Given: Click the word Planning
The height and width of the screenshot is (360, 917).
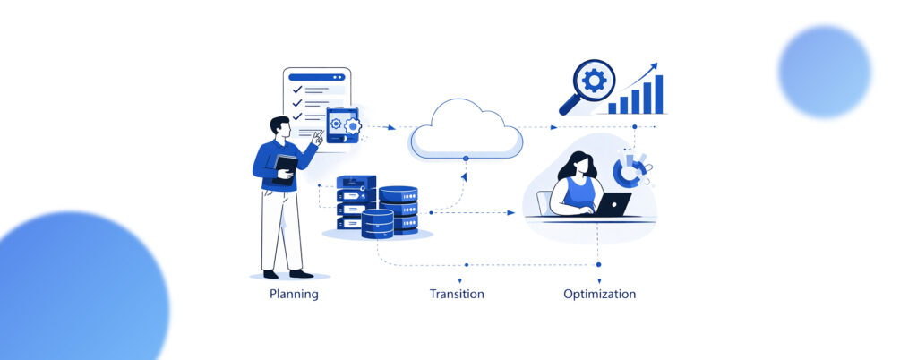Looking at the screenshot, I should point(294,294).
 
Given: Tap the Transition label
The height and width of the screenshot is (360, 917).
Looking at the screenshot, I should point(457,294).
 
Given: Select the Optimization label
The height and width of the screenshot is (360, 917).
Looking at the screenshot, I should point(599,294).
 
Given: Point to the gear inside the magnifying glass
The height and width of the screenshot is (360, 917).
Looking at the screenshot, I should point(593,81).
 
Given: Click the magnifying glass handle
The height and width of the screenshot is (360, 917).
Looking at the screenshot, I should point(568,107).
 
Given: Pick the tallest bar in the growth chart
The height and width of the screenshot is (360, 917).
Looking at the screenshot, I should point(658,93).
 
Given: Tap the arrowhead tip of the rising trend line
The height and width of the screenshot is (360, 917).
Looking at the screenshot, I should point(656,65).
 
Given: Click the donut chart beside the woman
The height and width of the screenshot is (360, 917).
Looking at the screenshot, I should point(630,169).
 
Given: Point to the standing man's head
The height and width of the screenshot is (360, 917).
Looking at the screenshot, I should point(280,127).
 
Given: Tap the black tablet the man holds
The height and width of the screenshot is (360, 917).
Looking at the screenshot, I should point(286,168).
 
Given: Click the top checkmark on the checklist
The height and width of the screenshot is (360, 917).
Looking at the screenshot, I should point(297,90).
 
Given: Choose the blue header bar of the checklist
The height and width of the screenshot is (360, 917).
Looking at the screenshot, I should point(316,77).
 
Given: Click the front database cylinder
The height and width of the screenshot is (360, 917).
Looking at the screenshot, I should point(377,223).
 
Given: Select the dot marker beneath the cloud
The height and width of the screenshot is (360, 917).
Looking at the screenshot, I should point(465,159).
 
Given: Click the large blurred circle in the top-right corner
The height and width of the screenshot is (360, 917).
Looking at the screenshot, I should point(824,71).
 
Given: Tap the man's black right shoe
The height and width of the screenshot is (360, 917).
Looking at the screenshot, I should point(302,273).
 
